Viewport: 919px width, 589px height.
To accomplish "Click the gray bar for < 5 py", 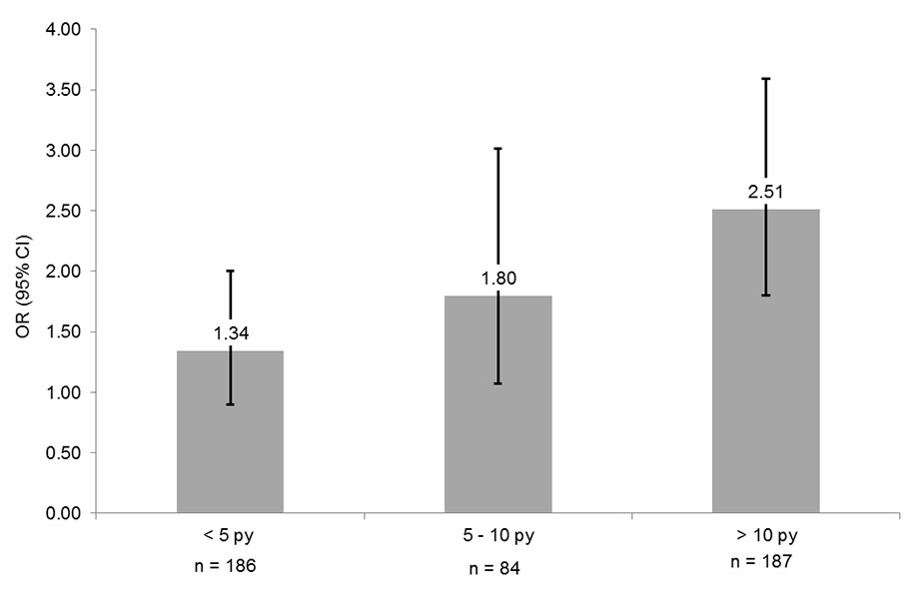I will point(230,439).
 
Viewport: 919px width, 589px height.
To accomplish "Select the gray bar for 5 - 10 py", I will point(497,419).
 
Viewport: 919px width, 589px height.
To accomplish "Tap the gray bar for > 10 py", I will point(765,379).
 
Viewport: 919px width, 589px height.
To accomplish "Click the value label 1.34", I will point(230,333).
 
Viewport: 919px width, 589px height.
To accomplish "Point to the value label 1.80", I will point(497,279).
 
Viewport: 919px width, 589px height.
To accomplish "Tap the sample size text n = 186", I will point(230,566).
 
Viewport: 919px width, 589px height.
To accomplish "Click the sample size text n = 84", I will point(497,570).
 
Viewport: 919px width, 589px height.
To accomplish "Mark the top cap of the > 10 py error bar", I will point(765,78).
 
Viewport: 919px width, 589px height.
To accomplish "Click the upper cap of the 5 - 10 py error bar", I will point(497,149).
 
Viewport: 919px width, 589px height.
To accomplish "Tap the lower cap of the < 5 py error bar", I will point(230,404).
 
